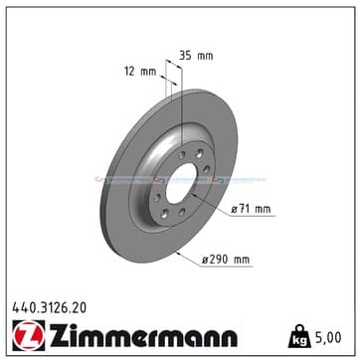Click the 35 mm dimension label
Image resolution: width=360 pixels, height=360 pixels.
(196, 56)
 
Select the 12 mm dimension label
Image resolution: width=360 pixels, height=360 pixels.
(140, 72)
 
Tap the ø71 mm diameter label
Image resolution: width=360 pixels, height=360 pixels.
(251, 209)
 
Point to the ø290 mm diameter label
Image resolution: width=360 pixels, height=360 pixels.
(226, 260)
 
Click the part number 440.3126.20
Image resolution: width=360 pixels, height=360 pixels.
(50, 308)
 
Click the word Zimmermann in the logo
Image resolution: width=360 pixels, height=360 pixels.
(143, 335)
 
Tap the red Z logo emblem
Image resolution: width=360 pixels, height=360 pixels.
(29, 335)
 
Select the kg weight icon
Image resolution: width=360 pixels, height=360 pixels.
(299, 336)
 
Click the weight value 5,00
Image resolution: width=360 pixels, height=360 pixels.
(329, 337)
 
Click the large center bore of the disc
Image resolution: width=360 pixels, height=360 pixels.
(181, 183)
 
